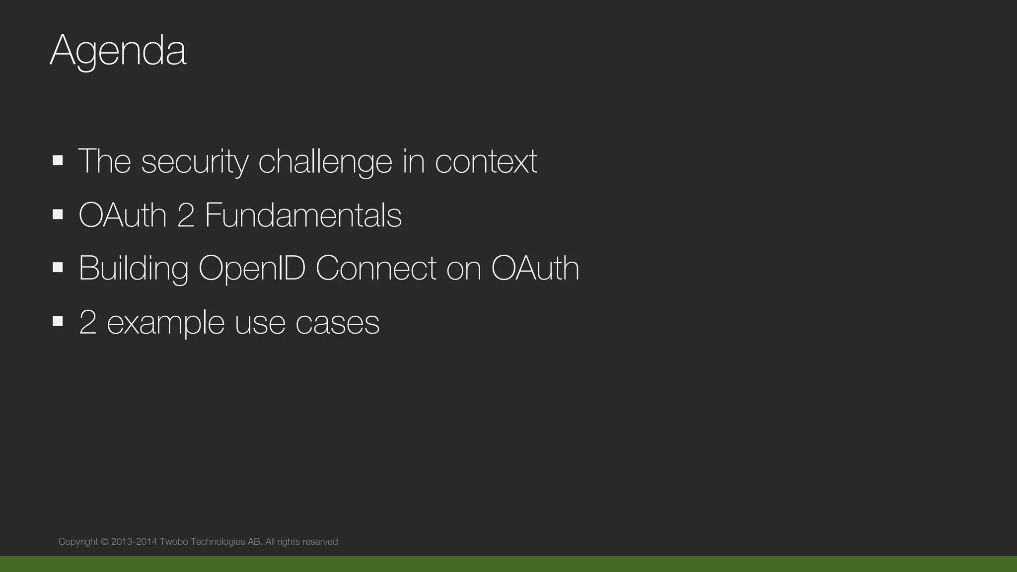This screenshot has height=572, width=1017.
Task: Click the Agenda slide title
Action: coord(118,51)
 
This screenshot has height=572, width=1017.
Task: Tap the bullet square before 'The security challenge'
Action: coord(58,160)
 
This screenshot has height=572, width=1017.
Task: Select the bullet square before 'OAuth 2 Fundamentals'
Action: coord(58,214)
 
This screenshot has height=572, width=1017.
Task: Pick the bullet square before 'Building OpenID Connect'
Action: coord(58,268)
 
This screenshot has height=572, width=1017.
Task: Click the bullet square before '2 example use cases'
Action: coord(58,321)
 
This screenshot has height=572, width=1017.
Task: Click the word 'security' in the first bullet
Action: coord(195,161)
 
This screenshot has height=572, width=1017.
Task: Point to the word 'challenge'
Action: coord(325,161)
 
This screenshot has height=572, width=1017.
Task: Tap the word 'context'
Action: coord(486,161)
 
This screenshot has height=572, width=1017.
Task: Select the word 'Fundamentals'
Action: coord(303,215)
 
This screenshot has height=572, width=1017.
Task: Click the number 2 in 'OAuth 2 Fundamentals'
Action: coord(186,215)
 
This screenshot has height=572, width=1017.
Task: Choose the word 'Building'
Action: coord(134,269)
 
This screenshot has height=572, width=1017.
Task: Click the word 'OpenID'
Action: coord(252,269)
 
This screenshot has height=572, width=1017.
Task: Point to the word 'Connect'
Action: coord(376,269)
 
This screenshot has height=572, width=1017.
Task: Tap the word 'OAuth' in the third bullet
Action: coord(535,269)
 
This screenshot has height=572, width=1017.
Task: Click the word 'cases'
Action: coord(338,323)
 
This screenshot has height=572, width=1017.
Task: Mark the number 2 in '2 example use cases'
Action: coord(87,323)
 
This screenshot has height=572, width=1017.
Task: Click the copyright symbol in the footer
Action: coord(105,542)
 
